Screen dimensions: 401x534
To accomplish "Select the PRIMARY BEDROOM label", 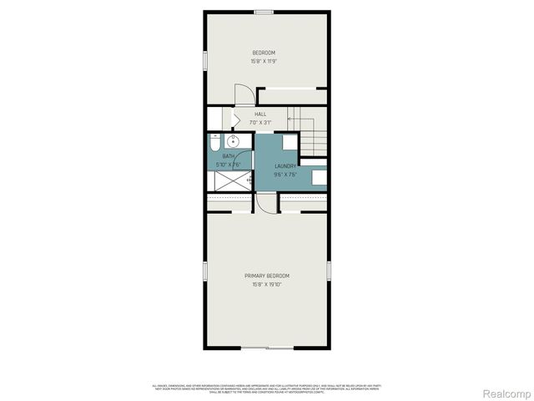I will coord(267,276).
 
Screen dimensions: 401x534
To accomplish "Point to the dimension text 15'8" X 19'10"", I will coord(267,284).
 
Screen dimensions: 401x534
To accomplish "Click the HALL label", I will coord(261,114).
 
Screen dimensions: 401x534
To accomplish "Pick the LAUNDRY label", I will coord(285,166).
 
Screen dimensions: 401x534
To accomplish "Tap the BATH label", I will coord(228,156).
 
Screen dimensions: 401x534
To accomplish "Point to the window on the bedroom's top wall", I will coord(264,11).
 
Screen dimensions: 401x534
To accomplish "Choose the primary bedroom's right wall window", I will coord(329,272).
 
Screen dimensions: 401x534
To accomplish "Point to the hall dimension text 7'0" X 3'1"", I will coord(261,122).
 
